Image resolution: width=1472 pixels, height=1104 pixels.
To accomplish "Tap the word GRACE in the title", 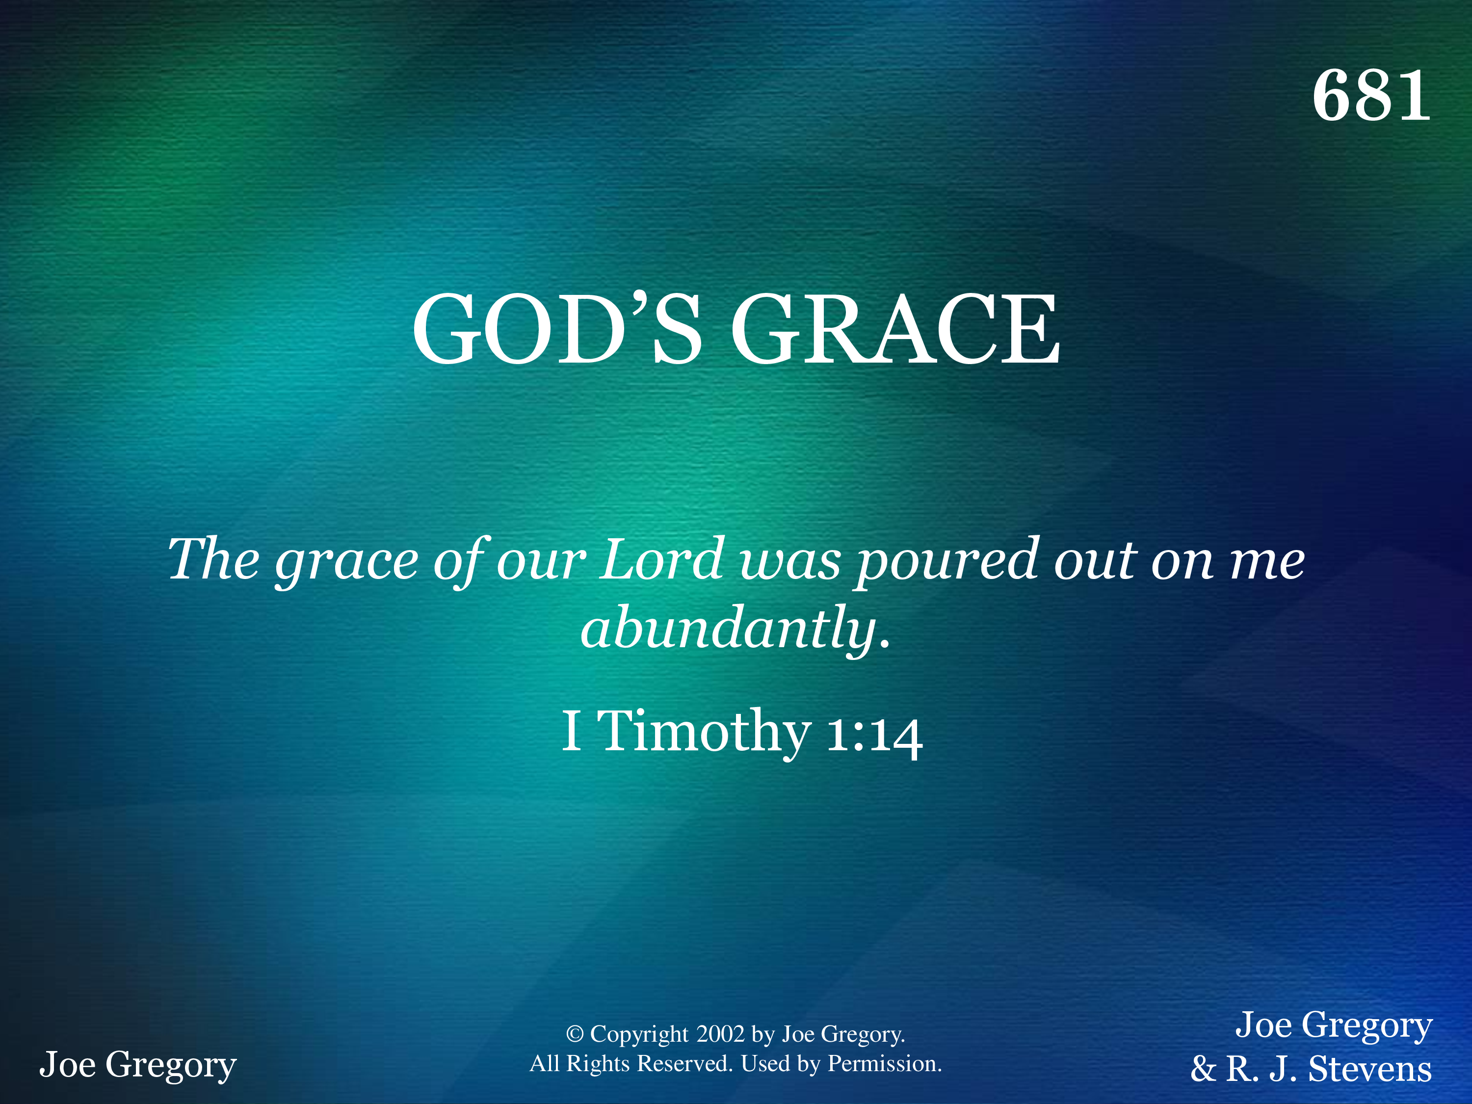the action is pyautogui.click(x=895, y=329).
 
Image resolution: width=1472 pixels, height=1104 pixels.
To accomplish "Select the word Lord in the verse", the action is pyautogui.click(x=662, y=559).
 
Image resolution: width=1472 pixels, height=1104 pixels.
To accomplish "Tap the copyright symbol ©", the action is pyautogui.click(x=575, y=1034).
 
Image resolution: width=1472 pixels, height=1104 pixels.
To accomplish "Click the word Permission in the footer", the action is pyautogui.click(x=884, y=1064).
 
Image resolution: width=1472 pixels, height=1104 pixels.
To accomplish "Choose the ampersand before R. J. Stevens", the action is pyautogui.click(x=1204, y=1069).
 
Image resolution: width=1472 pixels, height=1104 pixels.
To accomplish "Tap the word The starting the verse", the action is pyautogui.click(x=213, y=559).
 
